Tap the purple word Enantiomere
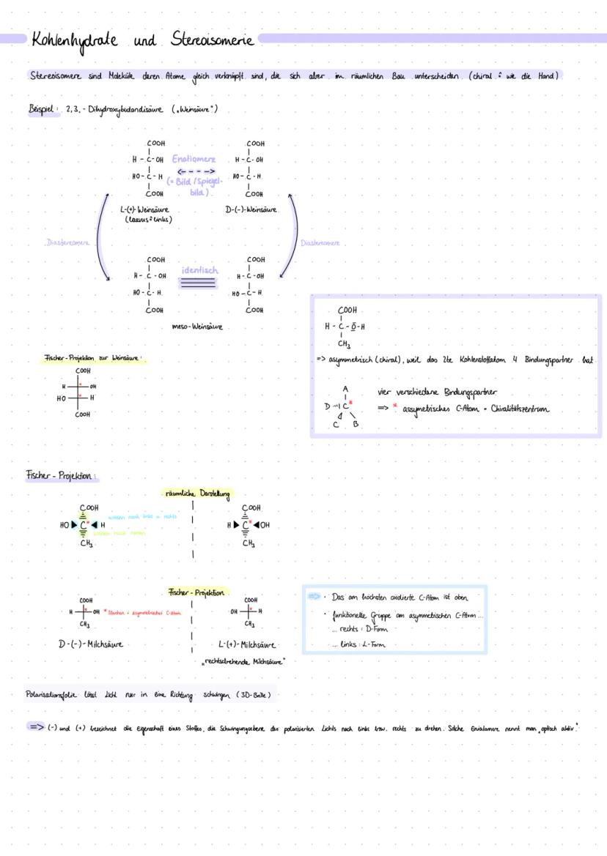click(x=194, y=158)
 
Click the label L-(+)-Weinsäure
click(x=145, y=209)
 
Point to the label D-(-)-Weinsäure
click(x=251, y=210)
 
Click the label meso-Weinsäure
click(x=197, y=327)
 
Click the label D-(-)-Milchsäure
click(x=90, y=644)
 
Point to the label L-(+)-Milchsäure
click(x=247, y=645)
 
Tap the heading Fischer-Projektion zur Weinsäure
click(x=92, y=359)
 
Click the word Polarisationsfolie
click(x=50, y=694)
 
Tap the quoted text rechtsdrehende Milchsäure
click(x=244, y=661)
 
